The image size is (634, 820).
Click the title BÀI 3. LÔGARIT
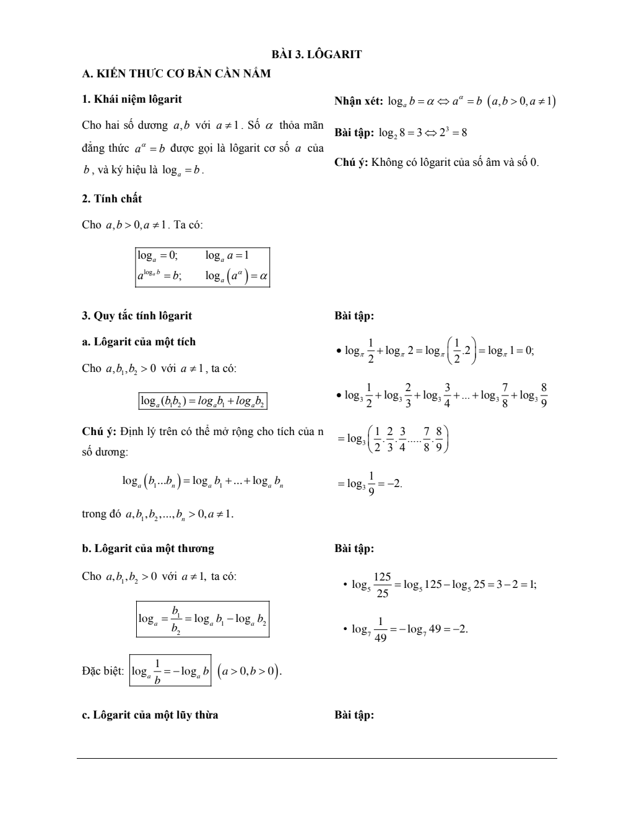(317, 54)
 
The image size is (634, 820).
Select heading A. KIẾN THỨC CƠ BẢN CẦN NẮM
(176, 74)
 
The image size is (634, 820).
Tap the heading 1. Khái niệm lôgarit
(132, 99)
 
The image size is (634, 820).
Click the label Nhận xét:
(358, 101)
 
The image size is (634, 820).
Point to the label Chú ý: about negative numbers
(351, 162)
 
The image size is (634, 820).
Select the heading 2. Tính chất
(111, 199)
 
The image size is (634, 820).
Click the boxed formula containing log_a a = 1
(202, 267)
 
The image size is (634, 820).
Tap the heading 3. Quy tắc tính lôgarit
(137, 316)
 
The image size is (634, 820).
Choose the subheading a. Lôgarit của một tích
(139, 342)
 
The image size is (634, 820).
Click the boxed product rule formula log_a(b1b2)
(202, 401)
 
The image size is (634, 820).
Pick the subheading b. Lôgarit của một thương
(148, 548)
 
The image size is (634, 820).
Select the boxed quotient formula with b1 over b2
(202, 619)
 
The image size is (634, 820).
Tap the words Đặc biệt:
(103, 671)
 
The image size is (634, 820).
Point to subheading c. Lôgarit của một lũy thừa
(150, 715)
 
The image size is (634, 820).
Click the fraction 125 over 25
(382, 585)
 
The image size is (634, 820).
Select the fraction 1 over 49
(380, 629)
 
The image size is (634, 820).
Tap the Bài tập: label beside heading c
(354, 715)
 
